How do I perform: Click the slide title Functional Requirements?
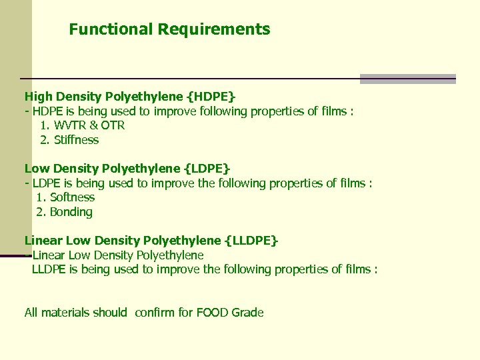pyautogui.click(x=169, y=29)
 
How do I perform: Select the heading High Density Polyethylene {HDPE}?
pyautogui.click(x=130, y=97)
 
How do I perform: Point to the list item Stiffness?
pyautogui.click(x=76, y=140)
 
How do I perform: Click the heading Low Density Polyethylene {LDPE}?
pyautogui.click(x=127, y=169)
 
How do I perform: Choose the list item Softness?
pyautogui.click(x=72, y=197)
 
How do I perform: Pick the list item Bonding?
pyautogui.click(x=71, y=212)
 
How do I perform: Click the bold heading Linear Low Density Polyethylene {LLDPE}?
pyautogui.click(x=151, y=241)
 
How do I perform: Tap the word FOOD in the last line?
pyautogui.click(x=213, y=313)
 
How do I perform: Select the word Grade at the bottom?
pyautogui.click(x=248, y=313)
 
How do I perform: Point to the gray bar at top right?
pyautogui.click(x=407, y=79)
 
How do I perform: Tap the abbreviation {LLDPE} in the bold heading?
pyautogui.click(x=251, y=241)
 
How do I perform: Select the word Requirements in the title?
pyautogui.click(x=214, y=29)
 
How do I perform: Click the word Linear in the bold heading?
pyautogui.click(x=42, y=241)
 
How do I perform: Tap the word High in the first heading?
pyautogui.click(x=37, y=97)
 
